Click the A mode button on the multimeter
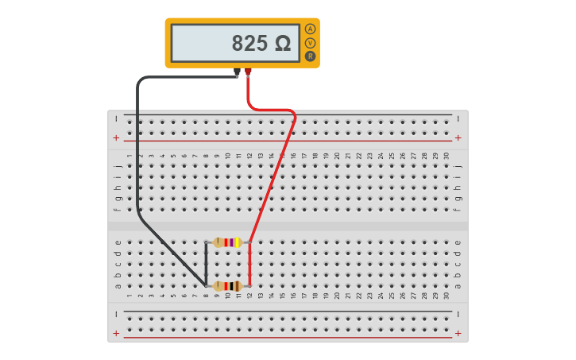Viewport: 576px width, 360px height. click(310, 29)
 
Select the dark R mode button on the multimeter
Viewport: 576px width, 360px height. click(310, 56)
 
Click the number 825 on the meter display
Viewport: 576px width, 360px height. click(250, 44)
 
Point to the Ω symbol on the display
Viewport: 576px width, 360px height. click(283, 44)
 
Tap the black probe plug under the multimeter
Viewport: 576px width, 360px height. click(237, 73)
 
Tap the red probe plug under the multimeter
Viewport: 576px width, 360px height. click(248, 73)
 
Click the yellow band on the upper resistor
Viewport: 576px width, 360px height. click(237, 242)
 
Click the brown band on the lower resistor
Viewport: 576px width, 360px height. click(237, 286)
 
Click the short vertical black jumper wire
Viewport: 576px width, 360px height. click(206, 264)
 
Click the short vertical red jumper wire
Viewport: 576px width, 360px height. click(249, 264)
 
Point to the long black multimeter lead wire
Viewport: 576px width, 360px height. click(138, 159)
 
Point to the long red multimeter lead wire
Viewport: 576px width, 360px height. click(274, 175)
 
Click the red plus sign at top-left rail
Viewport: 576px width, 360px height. click(116, 137)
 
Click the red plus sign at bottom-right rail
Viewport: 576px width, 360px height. click(458, 334)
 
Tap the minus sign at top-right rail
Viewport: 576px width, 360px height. click(458, 118)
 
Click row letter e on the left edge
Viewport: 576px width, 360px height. click(118, 243)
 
